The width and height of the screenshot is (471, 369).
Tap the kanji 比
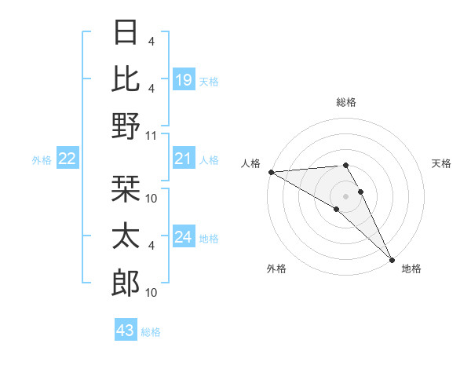126,79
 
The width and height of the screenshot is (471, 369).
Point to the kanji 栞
126,190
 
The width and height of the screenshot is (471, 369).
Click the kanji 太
126,236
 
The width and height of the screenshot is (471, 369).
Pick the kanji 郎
126,283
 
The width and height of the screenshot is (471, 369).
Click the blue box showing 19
183,79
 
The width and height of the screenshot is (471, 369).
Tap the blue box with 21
183,159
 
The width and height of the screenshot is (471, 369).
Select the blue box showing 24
183,238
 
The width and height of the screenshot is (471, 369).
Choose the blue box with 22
67,159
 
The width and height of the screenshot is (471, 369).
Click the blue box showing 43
125,331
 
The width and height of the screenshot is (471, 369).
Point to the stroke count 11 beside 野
152,134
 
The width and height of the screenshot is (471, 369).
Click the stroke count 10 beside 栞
152,199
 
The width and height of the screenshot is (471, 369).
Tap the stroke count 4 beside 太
151,245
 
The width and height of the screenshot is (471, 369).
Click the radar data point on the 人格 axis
270,171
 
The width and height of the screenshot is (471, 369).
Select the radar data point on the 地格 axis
391,258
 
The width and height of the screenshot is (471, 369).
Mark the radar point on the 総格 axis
345,165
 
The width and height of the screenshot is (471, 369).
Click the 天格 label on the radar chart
441,163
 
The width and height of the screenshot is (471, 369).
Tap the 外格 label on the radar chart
276,269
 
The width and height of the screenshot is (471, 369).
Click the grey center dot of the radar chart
345,195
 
